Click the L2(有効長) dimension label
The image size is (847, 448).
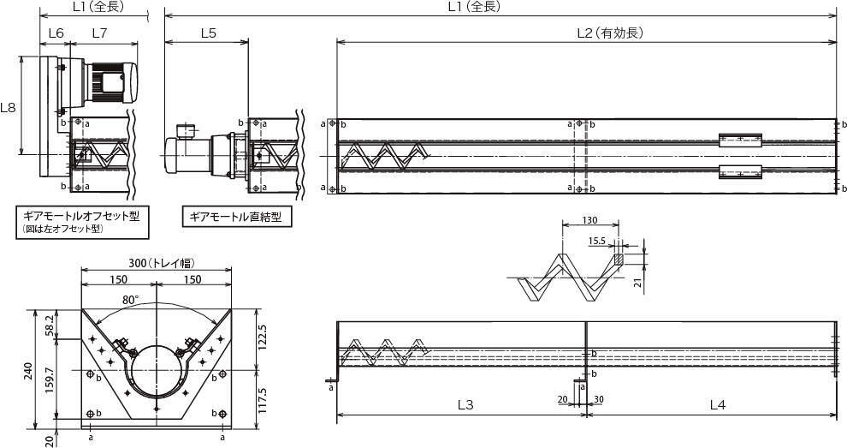pyautogui.click(x=610, y=33)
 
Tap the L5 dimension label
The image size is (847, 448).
pyautogui.click(x=208, y=33)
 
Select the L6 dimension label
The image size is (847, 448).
pyautogui.click(x=56, y=33)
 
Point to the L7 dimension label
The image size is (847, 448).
pyautogui.click(x=99, y=33)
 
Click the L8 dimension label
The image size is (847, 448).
pyautogui.click(x=8, y=107)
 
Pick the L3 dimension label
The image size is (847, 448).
pyautogui.click(x=465, y=404)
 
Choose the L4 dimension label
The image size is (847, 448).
pyautogui.click(x=717, y=404)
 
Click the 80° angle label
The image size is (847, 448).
pyautogui.click(x=130, y=299)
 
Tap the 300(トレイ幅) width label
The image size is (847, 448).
pyautogui.click(x=162, y=263)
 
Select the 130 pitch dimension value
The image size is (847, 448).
pyautogui.click(x=589, y=220)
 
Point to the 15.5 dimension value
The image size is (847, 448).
pyautogui.click(x=596, y=241)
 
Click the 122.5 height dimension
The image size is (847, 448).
pyautogui.click(x=263, y=337)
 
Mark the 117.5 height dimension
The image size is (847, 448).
pyautogui.click(x=263, y=400)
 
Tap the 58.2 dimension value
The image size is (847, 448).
pyautogui.click(x=49, y=325)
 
